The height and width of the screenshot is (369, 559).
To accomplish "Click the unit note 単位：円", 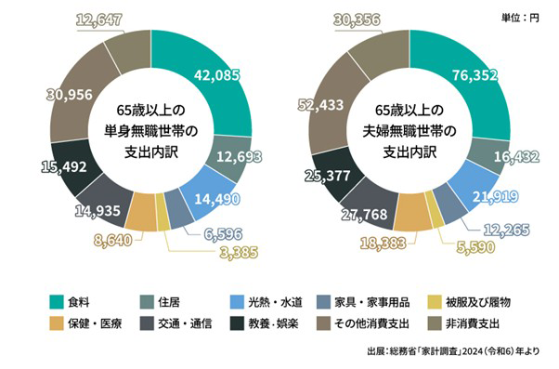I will pos(516,17).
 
